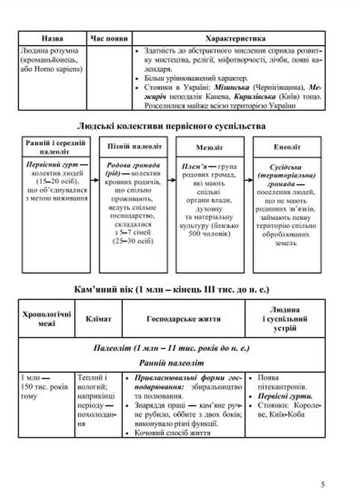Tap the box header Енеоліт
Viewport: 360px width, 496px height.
point(285,146)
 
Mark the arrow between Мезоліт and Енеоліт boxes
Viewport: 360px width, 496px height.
point(247,179)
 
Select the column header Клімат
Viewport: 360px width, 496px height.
point(98,319)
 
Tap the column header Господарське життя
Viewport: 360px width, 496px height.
point(184,319)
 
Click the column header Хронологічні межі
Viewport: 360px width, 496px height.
point(46,319)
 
